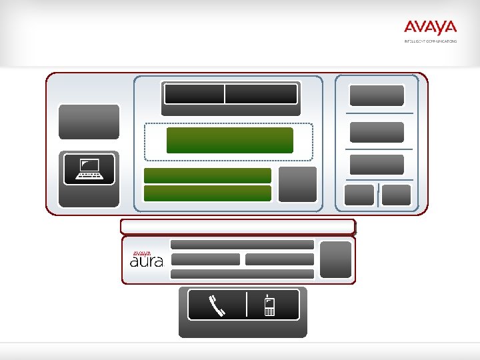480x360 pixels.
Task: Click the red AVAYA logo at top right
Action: click(430, 27)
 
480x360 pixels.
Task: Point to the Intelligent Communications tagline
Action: click(430, 41)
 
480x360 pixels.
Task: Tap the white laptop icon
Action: click(89, 169)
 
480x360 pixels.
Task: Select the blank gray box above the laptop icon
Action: click(89, 121)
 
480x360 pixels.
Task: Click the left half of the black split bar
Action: click(194, 94)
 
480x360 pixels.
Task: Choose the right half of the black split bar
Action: click(261, 94)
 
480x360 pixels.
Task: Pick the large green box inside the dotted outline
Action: click(229, 140)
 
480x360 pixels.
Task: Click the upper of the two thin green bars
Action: click(207, 175)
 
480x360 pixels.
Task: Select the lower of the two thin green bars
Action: click(207, 193)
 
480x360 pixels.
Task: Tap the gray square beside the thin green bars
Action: click(297, 184)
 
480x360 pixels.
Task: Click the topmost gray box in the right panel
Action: click(377, 95)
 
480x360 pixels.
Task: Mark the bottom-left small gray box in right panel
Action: click(359, 195)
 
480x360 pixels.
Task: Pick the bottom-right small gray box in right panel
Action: click(397, 195)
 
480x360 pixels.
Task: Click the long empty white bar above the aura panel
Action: click(237, 227)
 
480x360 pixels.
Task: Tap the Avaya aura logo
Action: click(146, 259)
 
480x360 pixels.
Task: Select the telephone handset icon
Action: click(217, 305)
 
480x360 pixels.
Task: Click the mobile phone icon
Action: click(269, 305)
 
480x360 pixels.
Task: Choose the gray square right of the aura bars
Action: click(335, 259)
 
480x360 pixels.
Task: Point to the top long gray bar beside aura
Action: click(242, 245)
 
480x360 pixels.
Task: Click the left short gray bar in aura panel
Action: click(205, 259)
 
